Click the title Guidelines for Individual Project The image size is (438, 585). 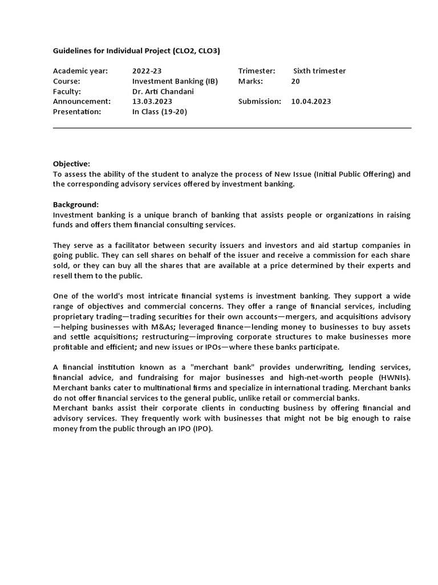pos(136,51)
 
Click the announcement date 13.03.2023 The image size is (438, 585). pos(152,101)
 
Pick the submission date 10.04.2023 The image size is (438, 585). pos(311,101)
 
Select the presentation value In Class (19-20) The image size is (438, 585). pos(159,111)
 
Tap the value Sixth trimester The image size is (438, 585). pos(319,71)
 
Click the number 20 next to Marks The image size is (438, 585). pos(295,81)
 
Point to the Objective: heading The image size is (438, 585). pos(71,163)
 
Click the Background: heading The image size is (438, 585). pos(76,205)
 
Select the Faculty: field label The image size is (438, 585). pos(67,91)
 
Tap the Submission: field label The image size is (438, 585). pos(259,101)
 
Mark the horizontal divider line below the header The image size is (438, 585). pos(232,128)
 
